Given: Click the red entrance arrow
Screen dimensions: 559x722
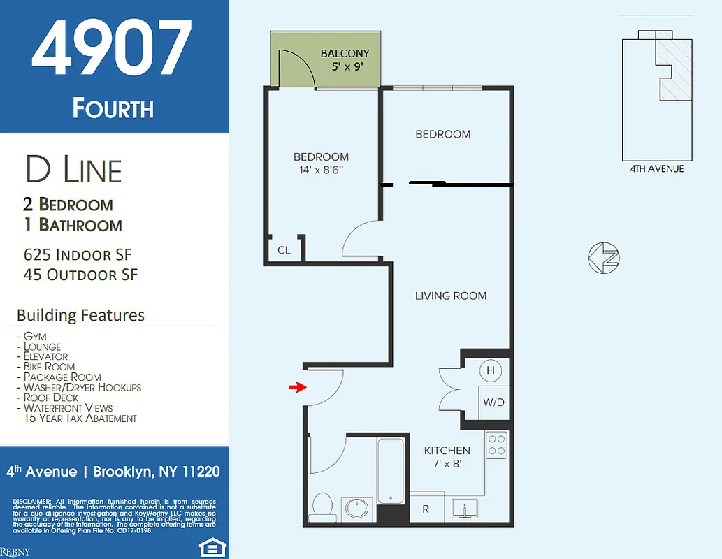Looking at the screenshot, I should (298, 387).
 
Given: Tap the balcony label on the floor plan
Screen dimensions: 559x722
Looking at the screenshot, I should (345, 54).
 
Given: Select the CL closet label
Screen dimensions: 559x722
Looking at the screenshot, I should (284, 250).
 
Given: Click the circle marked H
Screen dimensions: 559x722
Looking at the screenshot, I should (491, 370).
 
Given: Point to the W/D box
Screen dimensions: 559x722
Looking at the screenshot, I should (493, 402).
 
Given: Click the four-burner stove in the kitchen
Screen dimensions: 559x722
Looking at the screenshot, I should (497, 446).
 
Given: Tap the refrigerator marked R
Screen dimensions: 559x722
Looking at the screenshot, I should (426, 509).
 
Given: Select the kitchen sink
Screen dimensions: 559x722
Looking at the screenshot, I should (463, 509).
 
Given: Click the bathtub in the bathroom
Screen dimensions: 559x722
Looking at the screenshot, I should (391, 470).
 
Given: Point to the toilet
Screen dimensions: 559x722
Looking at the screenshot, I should (323, 505).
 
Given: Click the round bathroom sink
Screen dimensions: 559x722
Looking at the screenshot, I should (358, 508).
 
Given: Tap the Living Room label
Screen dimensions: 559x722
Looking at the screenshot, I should (451, 296).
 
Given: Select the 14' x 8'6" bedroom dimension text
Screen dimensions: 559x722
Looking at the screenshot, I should (321, 169).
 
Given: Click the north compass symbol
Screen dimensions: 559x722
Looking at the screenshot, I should (604, 259).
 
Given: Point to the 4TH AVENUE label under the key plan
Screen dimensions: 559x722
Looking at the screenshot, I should (656, 168).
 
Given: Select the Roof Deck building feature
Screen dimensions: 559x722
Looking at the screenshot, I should (51, 398).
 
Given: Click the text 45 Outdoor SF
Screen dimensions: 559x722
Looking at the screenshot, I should (80, 275).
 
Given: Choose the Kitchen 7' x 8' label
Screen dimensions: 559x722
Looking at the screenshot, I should (447, 457).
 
